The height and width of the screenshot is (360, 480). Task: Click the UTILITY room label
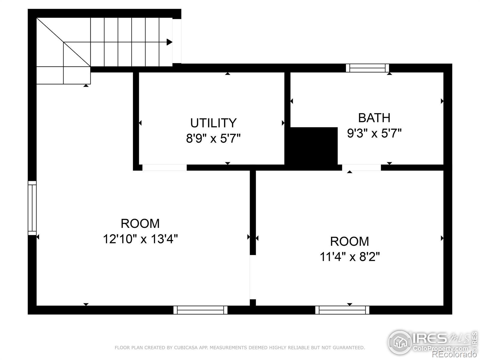pyautogui.click(x=213, y=123)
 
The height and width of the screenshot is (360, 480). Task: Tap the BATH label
pyautogui.click(x=374, y=118)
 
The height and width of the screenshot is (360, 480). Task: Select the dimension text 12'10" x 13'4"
pyautogui.click(x=140, y=239)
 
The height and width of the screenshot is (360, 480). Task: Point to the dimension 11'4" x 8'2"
pyautogui.click(x=350, y=256)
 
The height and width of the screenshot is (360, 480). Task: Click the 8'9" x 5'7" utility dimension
pyautogui.click(x=213, y=138)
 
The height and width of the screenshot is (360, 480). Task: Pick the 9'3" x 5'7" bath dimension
pyautogui.click(x=374, y=133)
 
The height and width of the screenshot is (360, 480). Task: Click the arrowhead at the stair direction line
pyautogui.click(x=169, y=42)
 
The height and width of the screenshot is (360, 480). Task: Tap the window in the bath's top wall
pyautogui.click(x=367, y=68)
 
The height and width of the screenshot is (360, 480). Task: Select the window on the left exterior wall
pyautogui.click(x=32, y=208)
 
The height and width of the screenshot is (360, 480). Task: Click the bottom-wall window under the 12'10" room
pyautogui.click(x=200, y=310)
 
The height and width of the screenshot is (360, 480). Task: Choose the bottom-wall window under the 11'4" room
pyautogui.click(x=342, y=310)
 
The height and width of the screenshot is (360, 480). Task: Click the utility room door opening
pyautogui.click(x=164, y=167)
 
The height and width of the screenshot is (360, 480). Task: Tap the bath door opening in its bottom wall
pyautogui.click(x=361, y=167)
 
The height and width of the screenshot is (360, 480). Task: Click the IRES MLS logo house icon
pyautogui.click(x=400, y=342)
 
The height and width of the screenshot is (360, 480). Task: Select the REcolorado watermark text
pyautogui.click(x=454, y=354)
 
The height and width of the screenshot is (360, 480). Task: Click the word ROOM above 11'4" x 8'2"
pyautogui.click(x=349, y=241)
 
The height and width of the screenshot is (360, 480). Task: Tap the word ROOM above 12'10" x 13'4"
pyautogui.click(x=140, y=223)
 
